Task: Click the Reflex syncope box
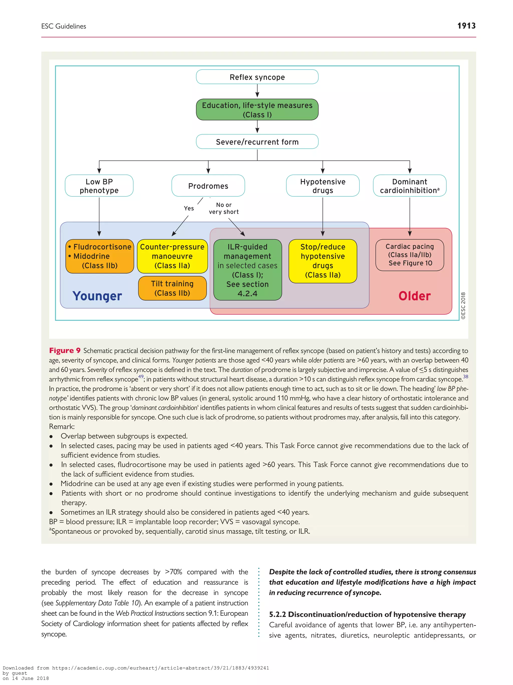257,77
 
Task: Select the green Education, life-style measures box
257,110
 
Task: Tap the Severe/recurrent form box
257,142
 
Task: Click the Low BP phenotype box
99,186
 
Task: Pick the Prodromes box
208,186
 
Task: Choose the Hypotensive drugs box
323,186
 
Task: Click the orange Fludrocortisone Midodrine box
100,256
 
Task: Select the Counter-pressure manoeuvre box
172,256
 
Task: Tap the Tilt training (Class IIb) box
172,288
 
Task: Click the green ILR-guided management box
247,270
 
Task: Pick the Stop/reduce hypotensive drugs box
323,261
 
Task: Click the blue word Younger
97,296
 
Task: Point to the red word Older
414,296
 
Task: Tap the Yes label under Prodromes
189,208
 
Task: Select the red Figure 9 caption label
65,351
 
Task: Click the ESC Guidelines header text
64,26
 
